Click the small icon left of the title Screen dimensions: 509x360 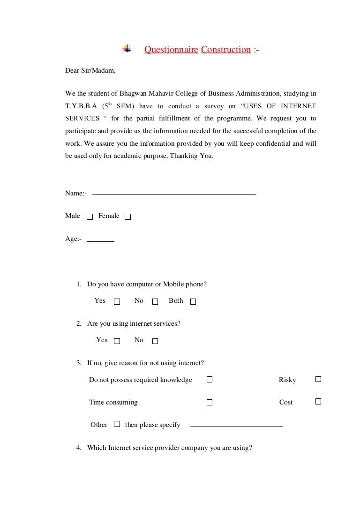pos(127,49)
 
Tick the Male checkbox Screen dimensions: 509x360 pos(90,217)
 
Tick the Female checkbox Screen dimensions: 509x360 pos(128,217)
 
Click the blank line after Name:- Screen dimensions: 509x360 pos(174,194)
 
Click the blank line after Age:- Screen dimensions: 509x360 pos(101,241)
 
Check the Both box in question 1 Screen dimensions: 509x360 pos(193,301)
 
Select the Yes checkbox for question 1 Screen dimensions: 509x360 pos(117,301)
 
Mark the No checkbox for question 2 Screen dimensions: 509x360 pos(155,341)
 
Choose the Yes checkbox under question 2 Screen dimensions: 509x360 pos(117,341)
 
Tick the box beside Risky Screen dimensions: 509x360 pos(318,379)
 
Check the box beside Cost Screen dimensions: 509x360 pos(318,401)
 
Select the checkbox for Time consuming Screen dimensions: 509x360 pos(210,402)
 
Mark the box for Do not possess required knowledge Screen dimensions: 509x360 pos(210,379)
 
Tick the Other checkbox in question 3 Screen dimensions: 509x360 pos(117,424)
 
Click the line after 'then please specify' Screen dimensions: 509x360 pos(237,427)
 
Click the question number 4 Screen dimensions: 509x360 pos(79,448)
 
